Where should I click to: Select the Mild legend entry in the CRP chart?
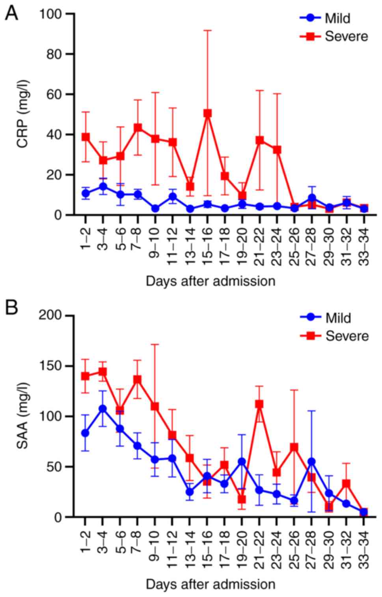[337, 18]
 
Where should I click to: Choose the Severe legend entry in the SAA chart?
[347, 336]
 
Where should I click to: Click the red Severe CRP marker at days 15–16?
[208, 114]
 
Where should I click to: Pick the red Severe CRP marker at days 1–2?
[86, 137]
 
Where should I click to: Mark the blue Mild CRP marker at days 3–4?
[103, 187]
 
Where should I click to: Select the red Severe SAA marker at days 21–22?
[259, 404]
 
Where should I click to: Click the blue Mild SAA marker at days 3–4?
[103, 408]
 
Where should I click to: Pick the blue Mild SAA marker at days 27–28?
[311, 462]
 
